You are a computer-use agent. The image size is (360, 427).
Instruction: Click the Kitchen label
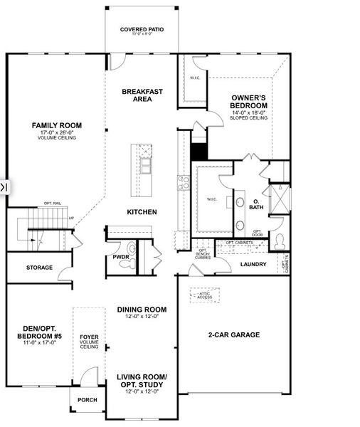pyautogui.click(x=142, y=212)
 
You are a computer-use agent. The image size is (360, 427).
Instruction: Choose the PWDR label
pyautogui.click(x=120, y=257)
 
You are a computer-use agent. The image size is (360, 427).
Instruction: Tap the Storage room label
pyautogui.click(x=39, y=268)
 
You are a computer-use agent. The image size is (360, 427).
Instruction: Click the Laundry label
pyautogui.click(x=253, y=265)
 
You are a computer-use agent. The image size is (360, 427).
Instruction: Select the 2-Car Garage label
pyautogui.click(x=233, y=334)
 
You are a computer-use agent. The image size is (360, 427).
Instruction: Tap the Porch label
pyautogui.click(x=87, y=399)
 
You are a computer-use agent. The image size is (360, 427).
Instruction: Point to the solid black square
pyautogui.click(x=199, y=152)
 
